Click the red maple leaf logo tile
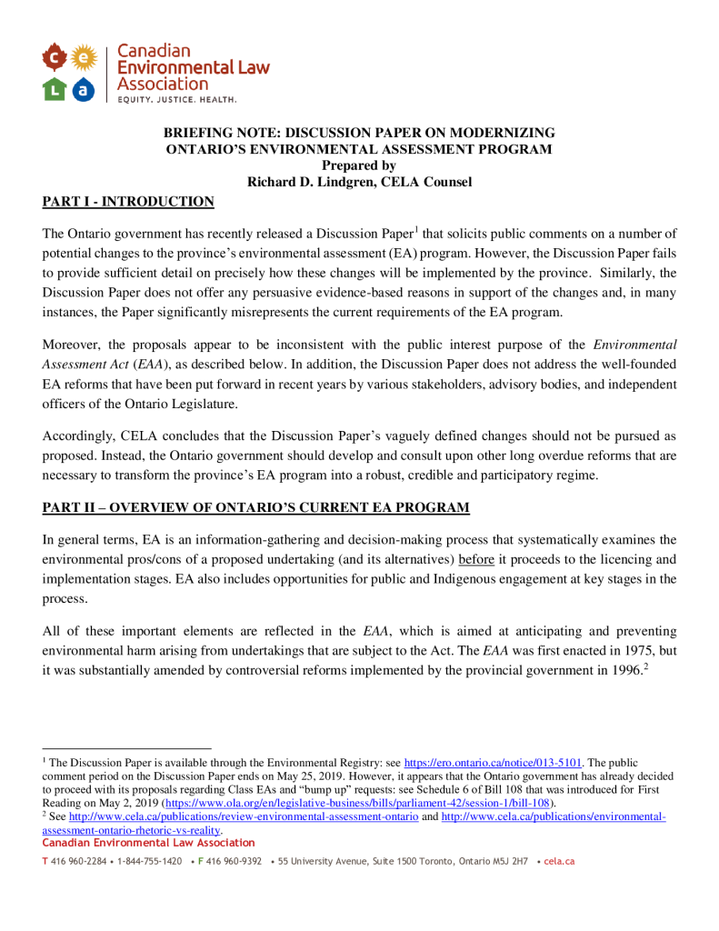55,58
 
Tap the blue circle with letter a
84,88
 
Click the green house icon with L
55,88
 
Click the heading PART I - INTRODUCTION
128,202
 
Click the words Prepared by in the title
359,165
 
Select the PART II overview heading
256,506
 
